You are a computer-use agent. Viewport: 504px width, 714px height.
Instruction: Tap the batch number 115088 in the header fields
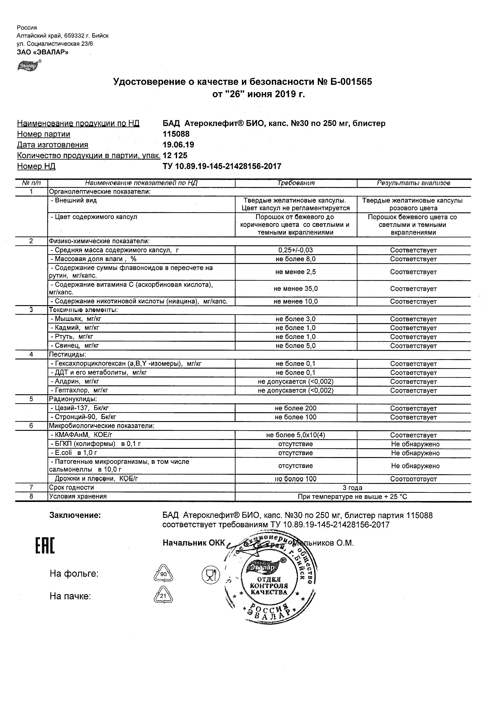[176, 134]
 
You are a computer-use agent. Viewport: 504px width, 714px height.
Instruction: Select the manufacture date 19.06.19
[179, 145]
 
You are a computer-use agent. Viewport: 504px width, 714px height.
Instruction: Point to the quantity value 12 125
[175, 155]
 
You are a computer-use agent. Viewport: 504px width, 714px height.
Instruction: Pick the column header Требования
[296, 183]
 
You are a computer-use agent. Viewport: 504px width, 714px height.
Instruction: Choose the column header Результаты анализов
[413, 183]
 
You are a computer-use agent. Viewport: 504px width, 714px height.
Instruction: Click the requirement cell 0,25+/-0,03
[296, 250]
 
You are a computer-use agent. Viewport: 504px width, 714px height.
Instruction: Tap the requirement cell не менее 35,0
[296, 289]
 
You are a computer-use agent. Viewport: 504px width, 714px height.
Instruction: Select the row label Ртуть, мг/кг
[72, 337]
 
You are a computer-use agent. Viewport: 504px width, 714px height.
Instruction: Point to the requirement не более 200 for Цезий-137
[296, 408]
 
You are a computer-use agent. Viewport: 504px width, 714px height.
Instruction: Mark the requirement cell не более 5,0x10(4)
[296, 435]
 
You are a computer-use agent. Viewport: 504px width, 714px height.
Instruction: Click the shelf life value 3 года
[353, 488]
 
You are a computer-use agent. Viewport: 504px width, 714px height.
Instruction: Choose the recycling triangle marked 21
[163, 596]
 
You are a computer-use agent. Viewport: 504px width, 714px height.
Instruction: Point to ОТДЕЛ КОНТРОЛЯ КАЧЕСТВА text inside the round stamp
[269, 586]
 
